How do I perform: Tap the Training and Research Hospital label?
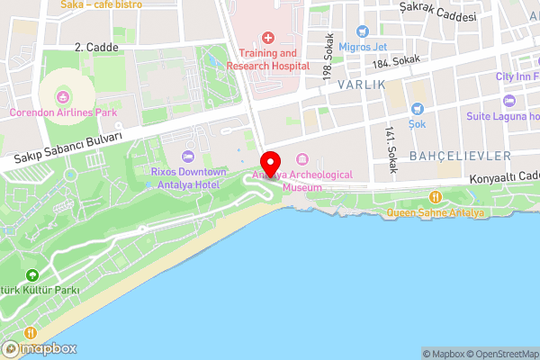[267, 59]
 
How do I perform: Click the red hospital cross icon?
[267, 38]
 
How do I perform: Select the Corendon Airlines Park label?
[63, 112]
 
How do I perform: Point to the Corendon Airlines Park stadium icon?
[63, 96]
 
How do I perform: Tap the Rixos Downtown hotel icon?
[187, 156]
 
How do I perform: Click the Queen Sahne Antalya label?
[436, 212]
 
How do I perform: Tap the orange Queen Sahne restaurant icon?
[436, 197]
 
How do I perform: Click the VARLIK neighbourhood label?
[362, 84]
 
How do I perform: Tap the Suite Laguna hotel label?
[502, 116]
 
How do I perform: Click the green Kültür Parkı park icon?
[32, 275]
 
